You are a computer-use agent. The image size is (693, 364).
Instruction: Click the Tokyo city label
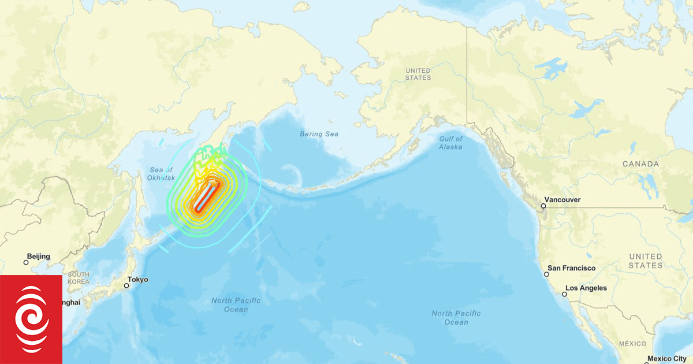click(x=138, y=280)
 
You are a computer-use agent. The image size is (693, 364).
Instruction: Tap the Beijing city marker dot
click(x=26, y=262)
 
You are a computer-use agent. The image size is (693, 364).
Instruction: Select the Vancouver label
click(x=563, y=200)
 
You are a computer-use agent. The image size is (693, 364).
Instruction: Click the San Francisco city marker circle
click(x=546, y=274)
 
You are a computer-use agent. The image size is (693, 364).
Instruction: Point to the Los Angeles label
click(x=586, y=288)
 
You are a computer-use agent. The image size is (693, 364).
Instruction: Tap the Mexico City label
click(x=668, y=359)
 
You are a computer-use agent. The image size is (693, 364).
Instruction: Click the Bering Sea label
click(x=319, y=134)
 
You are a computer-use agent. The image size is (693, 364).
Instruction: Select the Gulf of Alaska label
click(x=450, y=143)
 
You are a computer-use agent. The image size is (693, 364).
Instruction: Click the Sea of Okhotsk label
click(x=161, y=173)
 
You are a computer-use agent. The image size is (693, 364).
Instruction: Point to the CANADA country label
click(x=640, y=164)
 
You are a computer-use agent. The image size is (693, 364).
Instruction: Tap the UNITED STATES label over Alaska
click(x=418, y=74)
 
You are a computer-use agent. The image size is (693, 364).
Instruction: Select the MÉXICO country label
click(x=632, y=343)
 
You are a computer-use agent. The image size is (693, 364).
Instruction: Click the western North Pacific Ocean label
click(x=236, y=304)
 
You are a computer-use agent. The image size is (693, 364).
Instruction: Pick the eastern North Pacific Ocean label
click(x=456, y=317)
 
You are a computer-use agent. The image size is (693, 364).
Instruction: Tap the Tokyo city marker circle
click(x=126, y=285)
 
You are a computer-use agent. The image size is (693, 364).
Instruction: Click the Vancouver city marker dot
click(x=543, y=206)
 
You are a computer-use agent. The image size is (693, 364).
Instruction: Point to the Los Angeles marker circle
click(x=565, y=294)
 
